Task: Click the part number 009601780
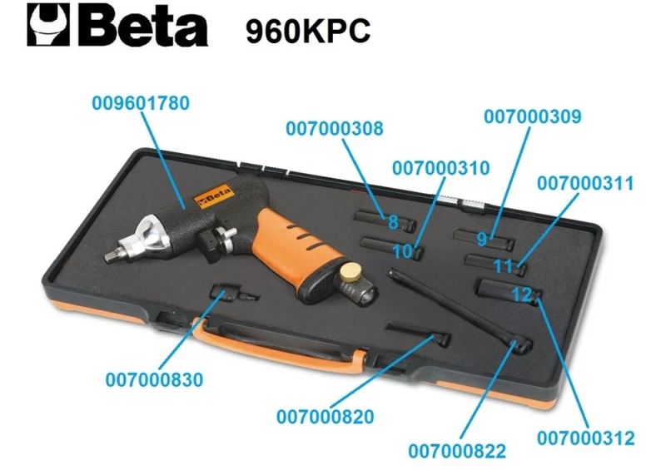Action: pyautogui.click(x=141, y=104)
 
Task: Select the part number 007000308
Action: pyautogui.click(x=335, y=129)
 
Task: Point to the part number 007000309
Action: pyautogui.click(x=533, y=117)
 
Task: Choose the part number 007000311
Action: pyautogui.click(x=585, y=182)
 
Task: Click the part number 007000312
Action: pyautogui.click(x=586, y=438)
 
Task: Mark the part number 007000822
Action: pyautogui.click(x=457, y=451)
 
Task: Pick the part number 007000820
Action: pyautogui.click(x=325, y=416)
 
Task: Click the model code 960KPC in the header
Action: pyautogui.click(x=307, y=31)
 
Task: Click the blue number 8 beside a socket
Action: pyautogui.click(x=393, y=222)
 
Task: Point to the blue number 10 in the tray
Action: pyautogui.click(x=402, y=250)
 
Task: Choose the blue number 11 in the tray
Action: pyautogui.click(x=503, y=267)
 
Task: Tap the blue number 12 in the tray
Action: pyautogui.click(x=521, y=294)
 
